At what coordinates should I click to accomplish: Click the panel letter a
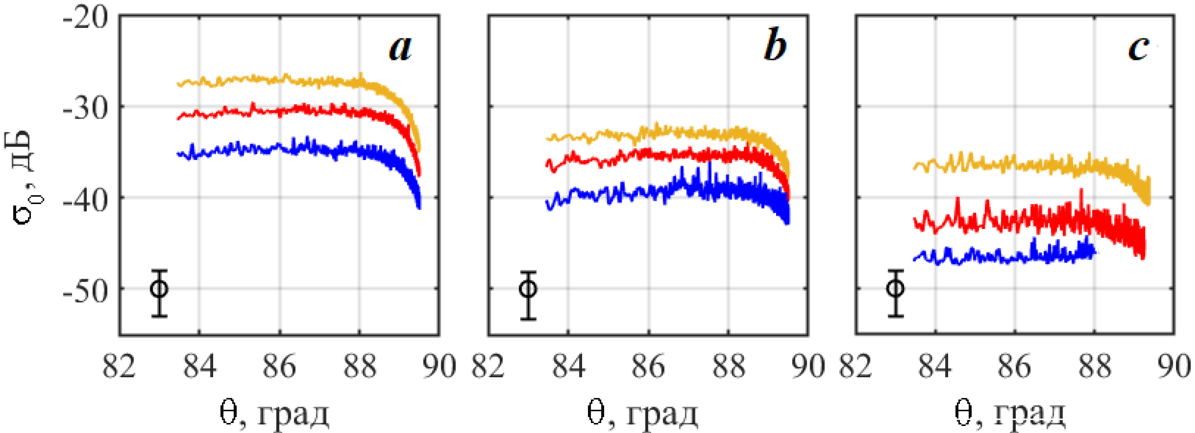400,48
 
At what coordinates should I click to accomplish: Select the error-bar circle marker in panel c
895,288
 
